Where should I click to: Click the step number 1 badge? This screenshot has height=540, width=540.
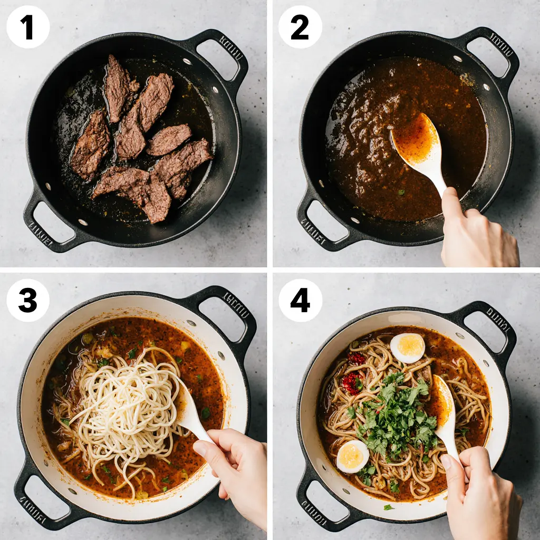[x=28, y=27]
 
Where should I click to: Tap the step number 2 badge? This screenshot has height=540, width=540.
[x=300, y=27]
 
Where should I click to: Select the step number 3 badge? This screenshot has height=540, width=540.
[x=28, y=301]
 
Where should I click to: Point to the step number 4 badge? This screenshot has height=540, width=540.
[x=300, y=301]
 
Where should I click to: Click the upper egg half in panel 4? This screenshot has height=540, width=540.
[x=408, y=348]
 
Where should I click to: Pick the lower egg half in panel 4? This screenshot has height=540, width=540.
[x=353, y=457]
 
